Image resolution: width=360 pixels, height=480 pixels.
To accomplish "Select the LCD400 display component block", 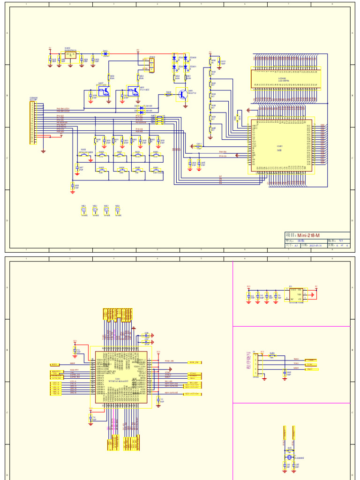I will click(x=286, y=79).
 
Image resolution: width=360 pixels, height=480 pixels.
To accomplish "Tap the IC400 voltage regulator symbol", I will click(x=71, y=55).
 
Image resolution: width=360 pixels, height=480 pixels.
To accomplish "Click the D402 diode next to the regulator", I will click(x=105, y=53).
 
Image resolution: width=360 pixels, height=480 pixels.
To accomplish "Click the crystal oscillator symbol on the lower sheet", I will click(x=289, y=457).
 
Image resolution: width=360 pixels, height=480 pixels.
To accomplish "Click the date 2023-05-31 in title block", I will click(x=311, y=245).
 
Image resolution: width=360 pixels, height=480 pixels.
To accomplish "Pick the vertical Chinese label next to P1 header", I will click(x=248, y=360).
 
